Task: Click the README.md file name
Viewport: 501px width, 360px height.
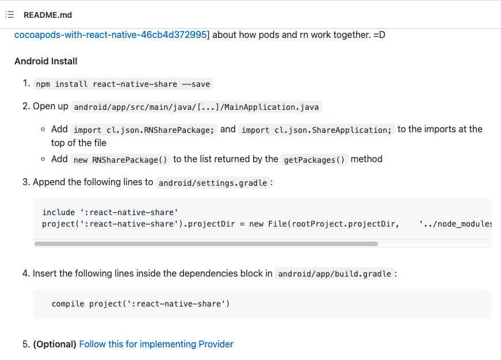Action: pyautogui.click(x=48, y=15)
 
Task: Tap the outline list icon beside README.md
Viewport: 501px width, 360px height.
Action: pyautogui.click(x=10, y=15)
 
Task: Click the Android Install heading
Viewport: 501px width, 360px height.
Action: pyautogui.click(x=46, y=61)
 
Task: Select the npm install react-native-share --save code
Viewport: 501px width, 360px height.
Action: pyautogui.click(x=123, y=84)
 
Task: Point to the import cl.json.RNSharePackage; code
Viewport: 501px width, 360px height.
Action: pyautogui.click(x=144, y=130)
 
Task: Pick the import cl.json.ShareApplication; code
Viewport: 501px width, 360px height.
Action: pyautogui.click(x=316, y=130)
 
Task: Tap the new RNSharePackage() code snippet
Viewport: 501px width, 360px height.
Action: pyautogui.click(x=120, y=159)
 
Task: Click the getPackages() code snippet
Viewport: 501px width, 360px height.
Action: pyautogui.click(x=315, y=159)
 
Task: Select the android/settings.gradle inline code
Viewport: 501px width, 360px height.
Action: pyautogui.click(x=213, y=183)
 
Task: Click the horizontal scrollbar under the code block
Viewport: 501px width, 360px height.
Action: pyautogui.click(x=206, y=244)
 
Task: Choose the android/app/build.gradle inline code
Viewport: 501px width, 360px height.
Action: pyautogui.click(x=335, y=274)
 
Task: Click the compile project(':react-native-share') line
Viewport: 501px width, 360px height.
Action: pyautogui.click(x=141, y=304)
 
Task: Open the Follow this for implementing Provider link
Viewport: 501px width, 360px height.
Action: pyautogui.click(x=156, y=344)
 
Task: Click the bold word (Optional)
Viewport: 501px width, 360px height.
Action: pyautogui.click(x=55, y=344)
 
